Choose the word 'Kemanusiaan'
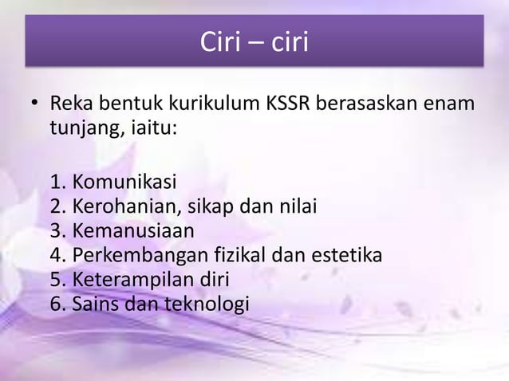133,232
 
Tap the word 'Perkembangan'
140,256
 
